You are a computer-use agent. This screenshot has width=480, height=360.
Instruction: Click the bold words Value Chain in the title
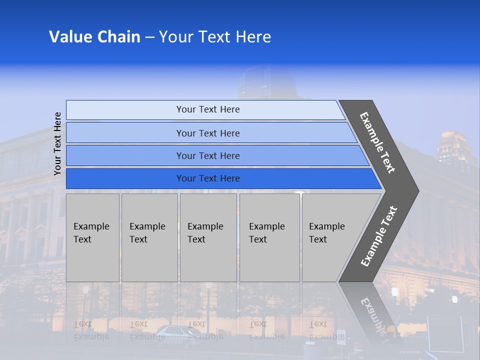coord(94,37)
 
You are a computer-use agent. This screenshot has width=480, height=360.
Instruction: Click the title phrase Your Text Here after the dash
coord(215,37)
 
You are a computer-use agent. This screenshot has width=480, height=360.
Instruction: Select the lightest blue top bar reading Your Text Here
coord(207,109)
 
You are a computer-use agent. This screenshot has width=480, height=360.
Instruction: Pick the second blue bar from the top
coord(207,133)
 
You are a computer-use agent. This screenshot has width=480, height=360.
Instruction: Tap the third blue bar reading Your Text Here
coord(207,155)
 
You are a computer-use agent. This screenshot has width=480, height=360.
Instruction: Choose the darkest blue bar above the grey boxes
coord(207,178)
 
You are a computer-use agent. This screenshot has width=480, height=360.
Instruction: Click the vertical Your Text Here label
coord(57,143)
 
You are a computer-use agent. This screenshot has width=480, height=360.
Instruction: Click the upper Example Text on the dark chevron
coord(377,143)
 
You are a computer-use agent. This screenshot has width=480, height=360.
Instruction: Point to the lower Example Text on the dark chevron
coord(379,236)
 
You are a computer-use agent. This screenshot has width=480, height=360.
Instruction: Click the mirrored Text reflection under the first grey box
coord(83,324)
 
